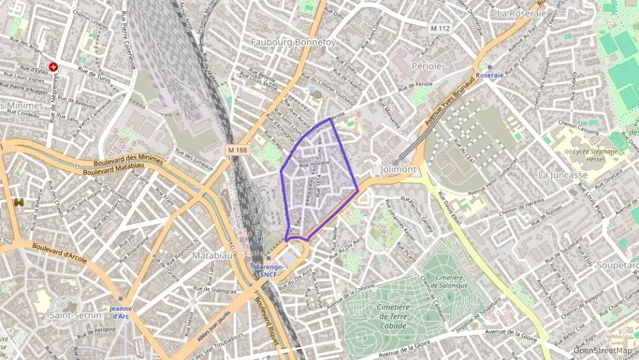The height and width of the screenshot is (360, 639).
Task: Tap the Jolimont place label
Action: pyautogui.click(x=398, y=169)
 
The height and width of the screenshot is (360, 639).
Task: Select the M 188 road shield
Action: pyautogui.click(x=238, y=150)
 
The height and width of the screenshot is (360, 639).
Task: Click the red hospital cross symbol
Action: pyautogui.click(x=53, y=67)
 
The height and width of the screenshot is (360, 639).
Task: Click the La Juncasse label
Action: pyautogui.click(x=563, y=175)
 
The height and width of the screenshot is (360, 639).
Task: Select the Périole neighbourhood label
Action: pyautogui.click(x=427, y=66)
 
